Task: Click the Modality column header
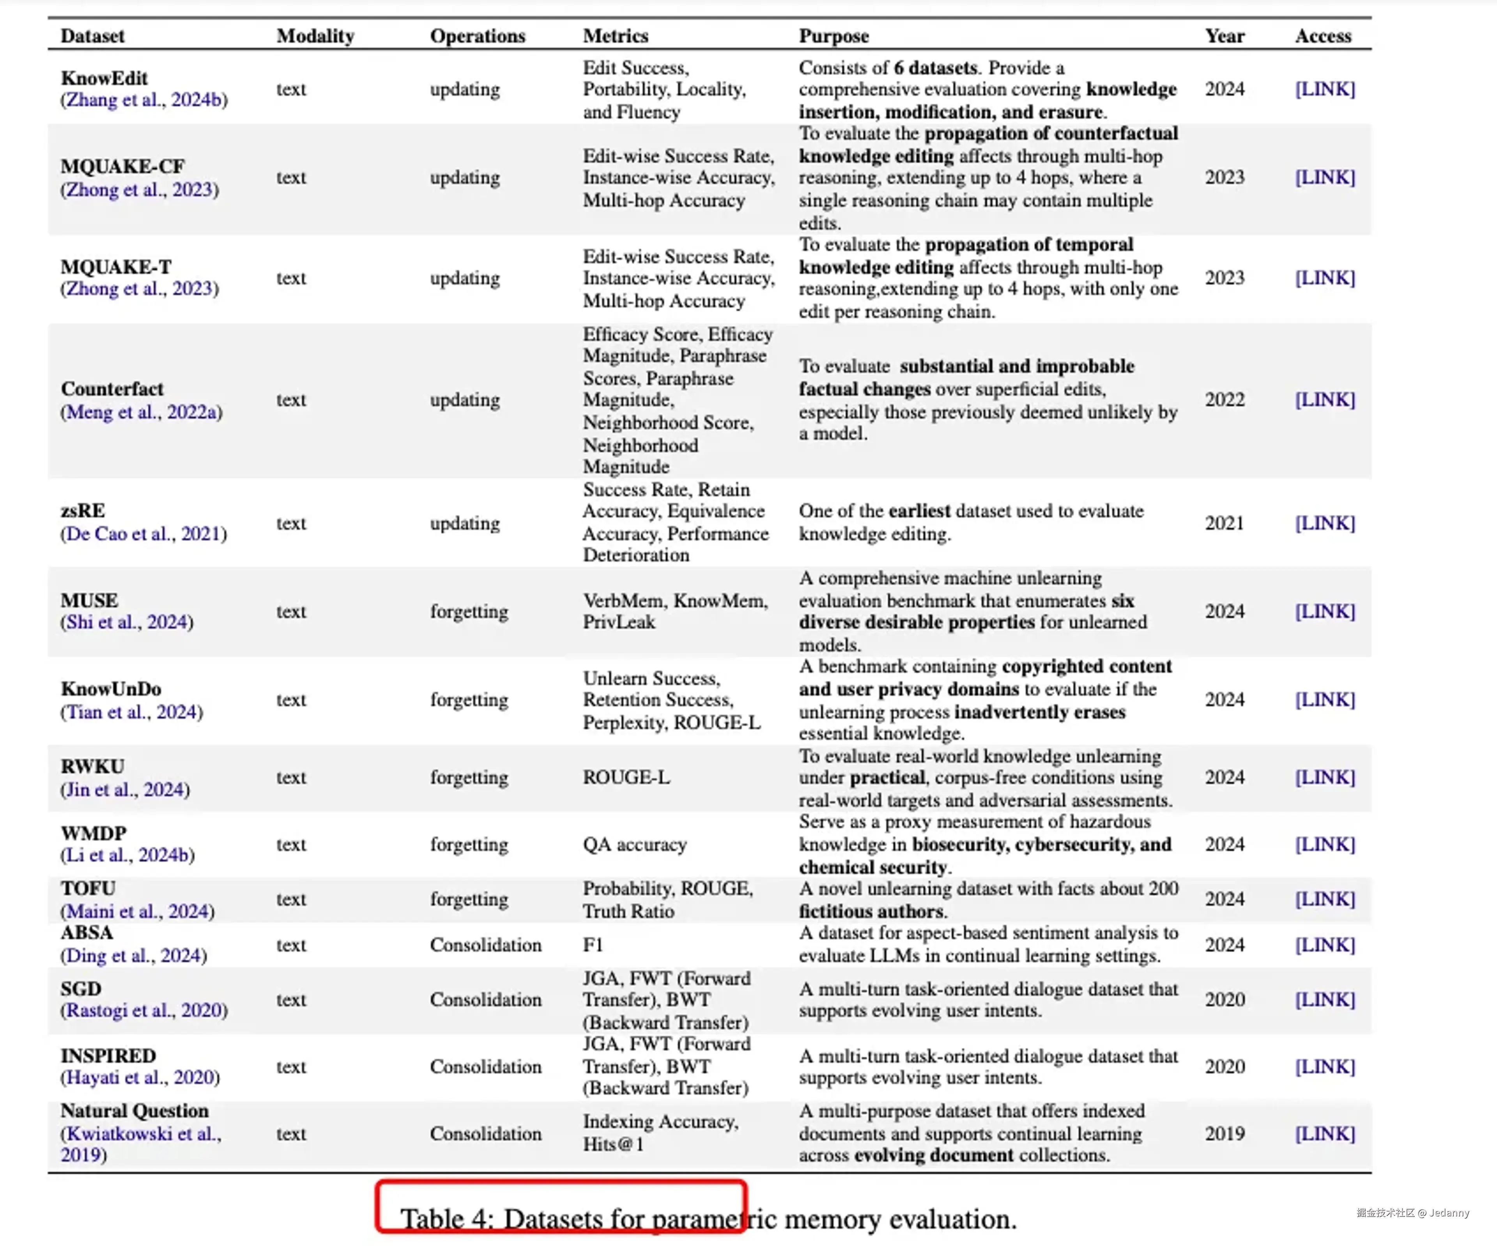click(315, 35)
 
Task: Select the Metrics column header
click(615, 35)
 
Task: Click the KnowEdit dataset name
click(104, 78)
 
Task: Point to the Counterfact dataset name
click(112, 389)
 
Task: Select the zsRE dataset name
click(83, 511)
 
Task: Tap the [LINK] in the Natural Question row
click(1324, 1133)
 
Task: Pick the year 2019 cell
click(1224, 1133)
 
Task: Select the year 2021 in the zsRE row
click(1224, 523)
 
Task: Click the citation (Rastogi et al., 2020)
click(144, 1010)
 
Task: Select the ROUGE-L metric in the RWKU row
click(626, 777)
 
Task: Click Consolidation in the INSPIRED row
click(485, 1066)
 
